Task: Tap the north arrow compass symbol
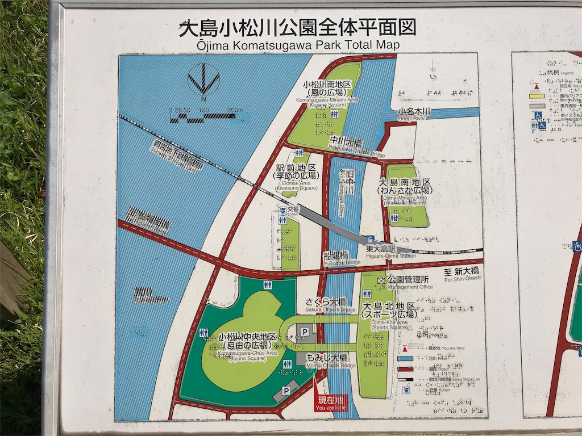[x=203, y=79]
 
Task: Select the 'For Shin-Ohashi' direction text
[x=463, y=274]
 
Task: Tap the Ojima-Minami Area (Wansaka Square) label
[x=405, y=189]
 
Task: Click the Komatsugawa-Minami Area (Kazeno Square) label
[x=327, y=93]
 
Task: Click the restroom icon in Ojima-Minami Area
[x=394, y=218]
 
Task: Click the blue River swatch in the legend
[x=406, y=359]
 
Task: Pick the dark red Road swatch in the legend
[x=406, y=369]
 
